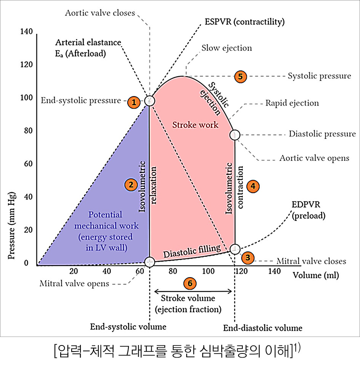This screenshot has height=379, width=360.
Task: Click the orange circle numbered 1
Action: (133, 102)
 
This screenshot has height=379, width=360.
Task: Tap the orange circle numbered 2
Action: (131, 185)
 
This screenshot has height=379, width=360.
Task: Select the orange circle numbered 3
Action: (248, 258)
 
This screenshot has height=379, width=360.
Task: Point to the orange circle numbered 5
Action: (240, 76)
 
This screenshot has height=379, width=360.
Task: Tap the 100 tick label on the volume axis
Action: (208, 271)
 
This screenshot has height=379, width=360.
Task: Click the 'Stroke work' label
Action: (195, 125)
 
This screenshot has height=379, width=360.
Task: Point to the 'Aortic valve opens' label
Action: (314, 158)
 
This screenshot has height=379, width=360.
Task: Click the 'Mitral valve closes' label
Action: (311, 261)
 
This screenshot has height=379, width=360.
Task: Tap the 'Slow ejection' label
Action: (227, 48)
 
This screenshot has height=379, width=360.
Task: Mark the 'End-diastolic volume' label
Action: (262, 328)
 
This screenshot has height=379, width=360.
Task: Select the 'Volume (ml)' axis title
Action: (315, 275)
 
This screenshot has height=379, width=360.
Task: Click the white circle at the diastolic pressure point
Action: (235, 135)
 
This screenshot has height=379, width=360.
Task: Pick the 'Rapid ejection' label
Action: (292, 103)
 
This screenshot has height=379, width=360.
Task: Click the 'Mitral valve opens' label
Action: (74, 284)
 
